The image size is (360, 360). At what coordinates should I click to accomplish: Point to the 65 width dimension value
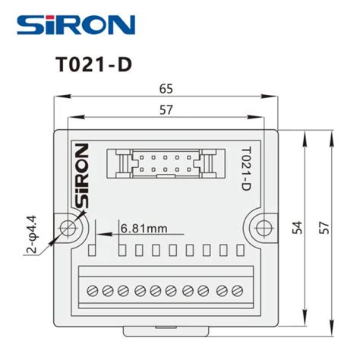point(166,88)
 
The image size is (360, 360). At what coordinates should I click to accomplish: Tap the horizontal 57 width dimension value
point(166,109)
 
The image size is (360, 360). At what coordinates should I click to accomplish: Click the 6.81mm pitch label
point(144,227)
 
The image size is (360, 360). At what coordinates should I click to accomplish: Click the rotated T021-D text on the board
point(245,168)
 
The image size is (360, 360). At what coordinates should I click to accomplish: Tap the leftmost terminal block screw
point(91,290)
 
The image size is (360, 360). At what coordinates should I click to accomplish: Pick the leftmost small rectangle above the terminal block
point(91,249)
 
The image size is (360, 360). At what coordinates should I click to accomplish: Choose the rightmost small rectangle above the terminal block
point(241,249)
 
